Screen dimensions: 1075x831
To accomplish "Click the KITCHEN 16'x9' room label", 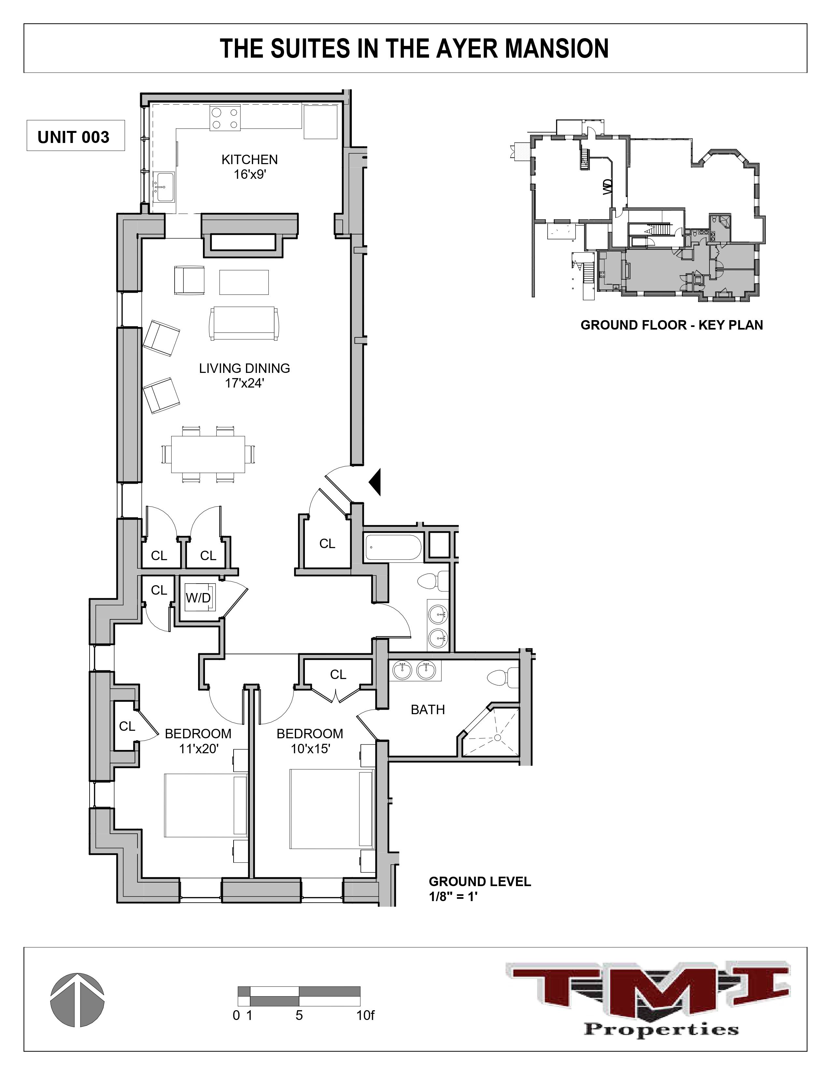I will tap(250, 166).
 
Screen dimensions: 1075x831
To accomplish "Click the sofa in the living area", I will tap(244, 323).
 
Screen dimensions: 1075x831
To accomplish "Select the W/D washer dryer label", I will tap(198, 598).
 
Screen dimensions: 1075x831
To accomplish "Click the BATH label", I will tap(428, 709).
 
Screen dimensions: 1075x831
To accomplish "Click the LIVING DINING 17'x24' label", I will tap(244, 375).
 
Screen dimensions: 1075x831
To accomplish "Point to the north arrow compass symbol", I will tap(77, 999).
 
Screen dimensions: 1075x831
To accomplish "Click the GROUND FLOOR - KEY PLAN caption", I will tap(671, 325).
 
